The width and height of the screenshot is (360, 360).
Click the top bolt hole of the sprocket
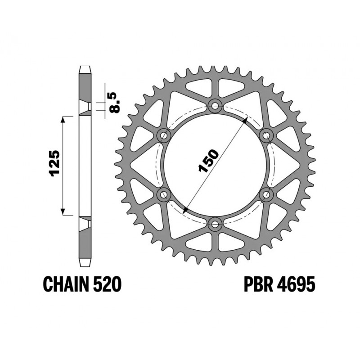pos(215,107)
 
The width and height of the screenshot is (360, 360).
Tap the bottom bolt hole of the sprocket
pos(215,224)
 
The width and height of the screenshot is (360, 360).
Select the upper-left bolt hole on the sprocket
pos(163,135)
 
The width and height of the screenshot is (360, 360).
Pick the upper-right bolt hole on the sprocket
pos(266,135)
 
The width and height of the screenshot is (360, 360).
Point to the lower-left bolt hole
pos(163,194)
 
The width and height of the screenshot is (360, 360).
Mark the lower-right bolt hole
pos(266,194)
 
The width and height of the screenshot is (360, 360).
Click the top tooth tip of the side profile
pos(85,68)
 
